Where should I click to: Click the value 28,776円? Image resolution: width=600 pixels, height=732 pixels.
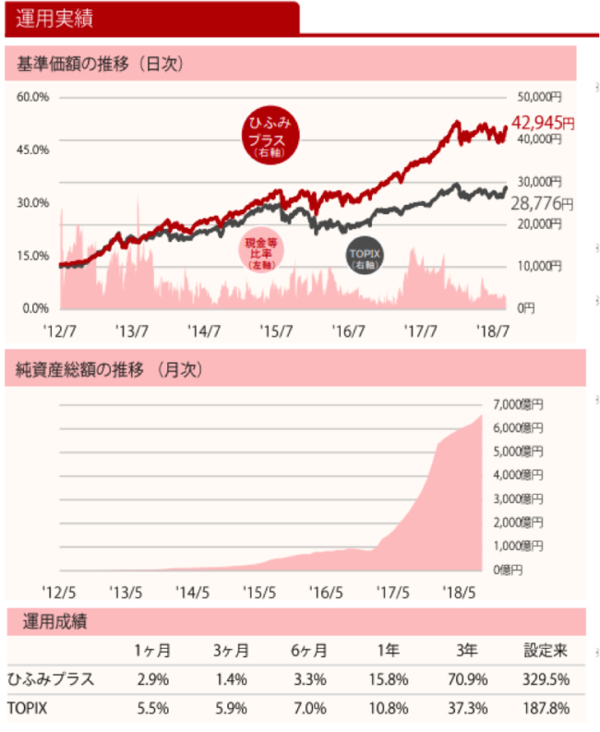coord(541,202)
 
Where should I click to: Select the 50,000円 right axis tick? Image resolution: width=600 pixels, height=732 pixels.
coord(536,97)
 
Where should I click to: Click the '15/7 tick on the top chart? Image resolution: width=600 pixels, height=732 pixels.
coord(277,330)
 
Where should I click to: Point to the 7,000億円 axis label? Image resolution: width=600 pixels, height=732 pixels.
coord(519,403)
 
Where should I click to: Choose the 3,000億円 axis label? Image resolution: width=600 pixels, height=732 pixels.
coord(519,499)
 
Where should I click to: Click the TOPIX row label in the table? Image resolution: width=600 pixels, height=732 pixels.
coord(29,708)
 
